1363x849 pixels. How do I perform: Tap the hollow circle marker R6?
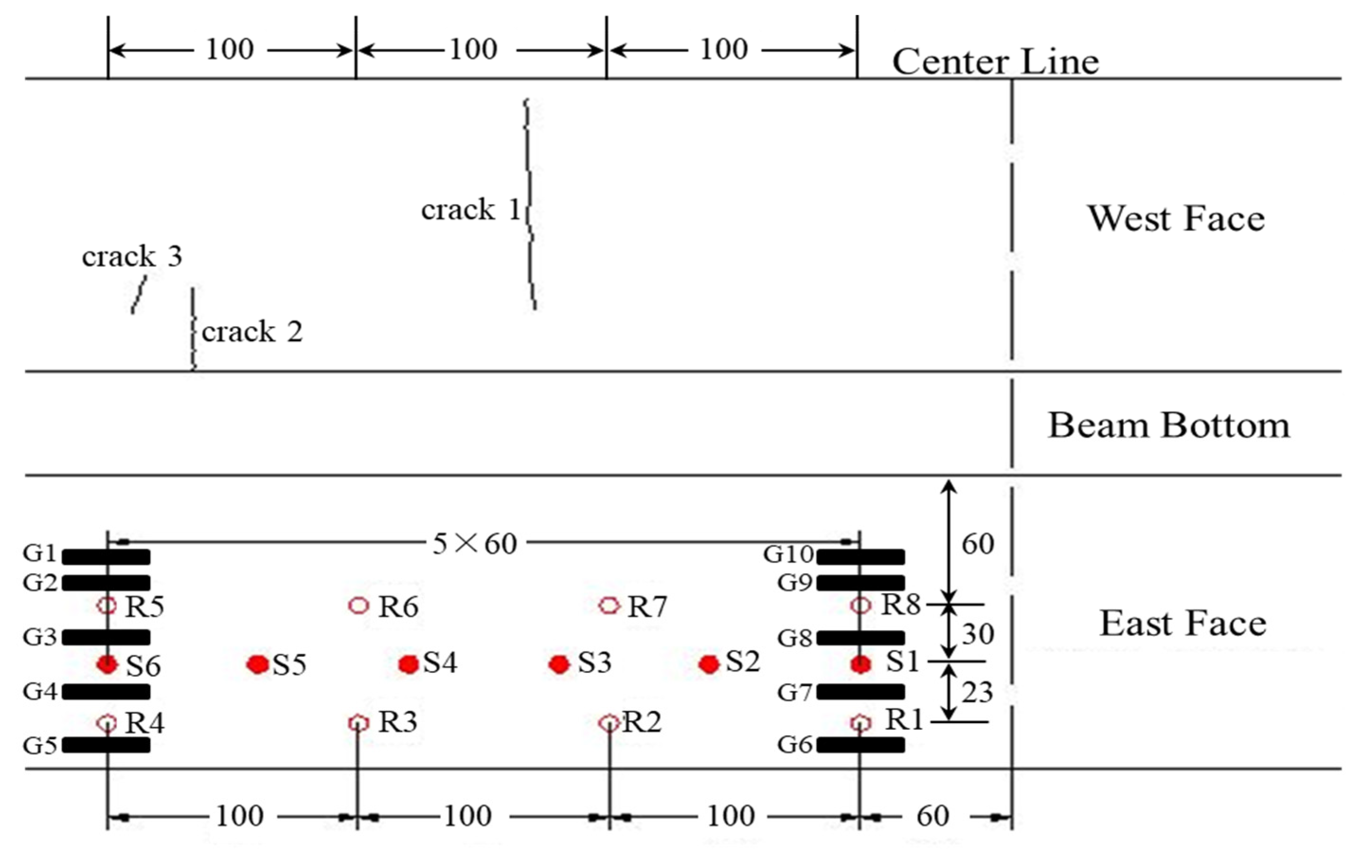(359, 605)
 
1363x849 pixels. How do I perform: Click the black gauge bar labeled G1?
(106, 557)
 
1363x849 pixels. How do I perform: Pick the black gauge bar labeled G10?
(860, 557)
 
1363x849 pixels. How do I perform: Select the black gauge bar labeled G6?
(860, 744)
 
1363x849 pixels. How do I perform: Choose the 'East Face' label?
(1183, 623)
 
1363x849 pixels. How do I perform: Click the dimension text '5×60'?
(474, 544)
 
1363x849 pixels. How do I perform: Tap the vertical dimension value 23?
(977, 692)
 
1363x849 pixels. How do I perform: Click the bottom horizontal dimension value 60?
(933, 816)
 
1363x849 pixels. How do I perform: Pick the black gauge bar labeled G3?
(106, 637)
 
